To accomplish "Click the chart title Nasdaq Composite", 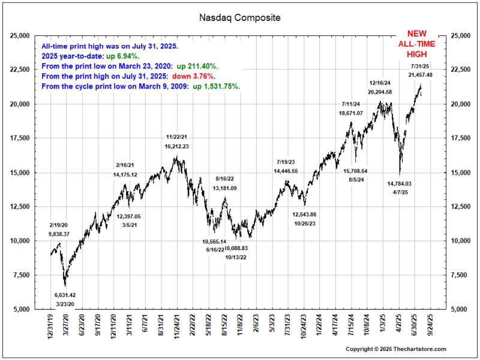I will point(239,18).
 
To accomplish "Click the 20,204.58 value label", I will point(380,92).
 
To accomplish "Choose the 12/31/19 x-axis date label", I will point(52,327).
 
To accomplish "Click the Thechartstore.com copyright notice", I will point(396,349).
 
